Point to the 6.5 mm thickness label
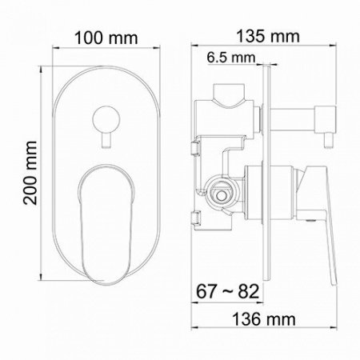[229, 58]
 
